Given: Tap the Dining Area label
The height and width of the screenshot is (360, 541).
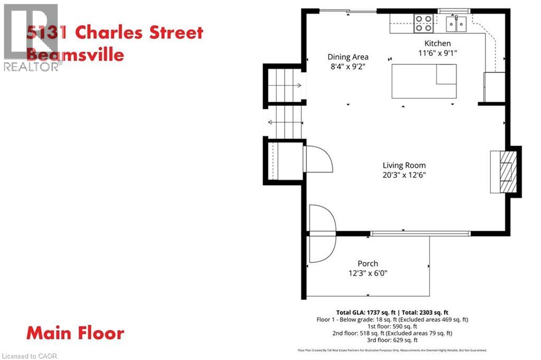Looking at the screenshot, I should coord(348,57).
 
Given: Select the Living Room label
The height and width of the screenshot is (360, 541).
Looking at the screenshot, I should coord(404,165).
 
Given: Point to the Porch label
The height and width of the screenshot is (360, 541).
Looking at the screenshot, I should coord(368,263).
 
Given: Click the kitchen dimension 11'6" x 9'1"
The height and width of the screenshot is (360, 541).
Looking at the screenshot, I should coord(438,53).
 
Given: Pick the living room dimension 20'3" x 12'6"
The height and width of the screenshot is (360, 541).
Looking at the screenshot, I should coord(404,175).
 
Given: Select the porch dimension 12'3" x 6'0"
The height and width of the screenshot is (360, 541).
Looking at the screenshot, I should coord(368,273).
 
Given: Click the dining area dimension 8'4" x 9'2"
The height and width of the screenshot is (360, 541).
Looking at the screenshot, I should coord(348,67).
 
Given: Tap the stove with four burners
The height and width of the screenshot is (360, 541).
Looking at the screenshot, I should coord(423,24).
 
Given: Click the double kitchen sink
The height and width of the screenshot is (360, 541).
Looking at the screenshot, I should coord(456,24).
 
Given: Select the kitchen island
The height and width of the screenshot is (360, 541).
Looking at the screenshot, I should coord(424,81).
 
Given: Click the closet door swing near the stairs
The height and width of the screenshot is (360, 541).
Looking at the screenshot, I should coord(318,159).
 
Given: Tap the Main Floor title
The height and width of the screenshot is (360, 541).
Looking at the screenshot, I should coord(76,334).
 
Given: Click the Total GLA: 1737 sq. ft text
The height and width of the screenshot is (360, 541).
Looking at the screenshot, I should coord(370,312).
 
